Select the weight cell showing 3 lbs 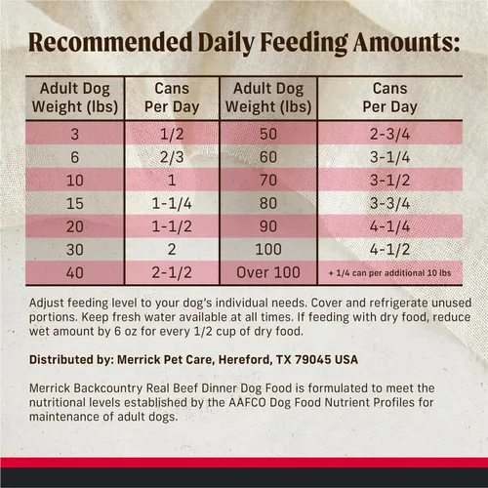coord(75,134)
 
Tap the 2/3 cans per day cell coord(172,157)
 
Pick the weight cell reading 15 coord(75,204)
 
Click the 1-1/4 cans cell coord(172,204)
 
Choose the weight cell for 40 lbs coord(75,272)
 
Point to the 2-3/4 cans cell coord(389,134)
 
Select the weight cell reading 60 coord(268,157)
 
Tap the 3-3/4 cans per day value coord(389,204)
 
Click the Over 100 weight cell coord(268,272)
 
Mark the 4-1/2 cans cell coord(389,250)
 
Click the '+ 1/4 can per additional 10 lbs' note coord(389,273)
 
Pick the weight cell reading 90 coord(268,226)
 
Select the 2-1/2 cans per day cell coord(172,272)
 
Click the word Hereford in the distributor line coord(246,360)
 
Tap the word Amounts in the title coord(406,43)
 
